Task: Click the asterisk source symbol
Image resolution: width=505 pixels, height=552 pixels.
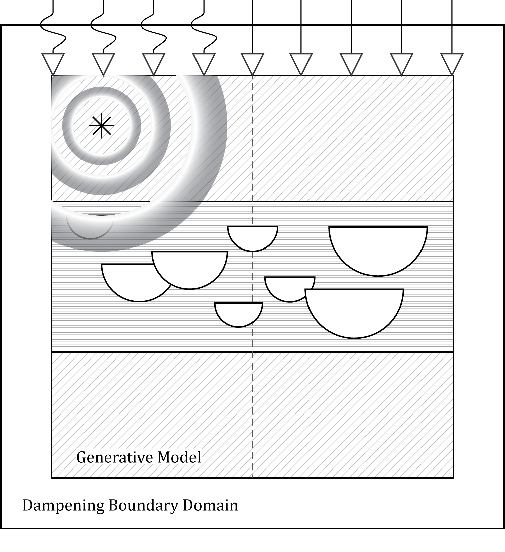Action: click(x=101, y=126)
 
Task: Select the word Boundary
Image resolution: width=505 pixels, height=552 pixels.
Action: click(x=143, y=505)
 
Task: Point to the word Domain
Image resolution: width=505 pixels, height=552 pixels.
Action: click(x=210, y=505)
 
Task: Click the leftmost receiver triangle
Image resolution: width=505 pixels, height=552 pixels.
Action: click(x=53, y=63)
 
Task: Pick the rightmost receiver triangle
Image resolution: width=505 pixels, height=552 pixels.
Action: click(x=452, y=63)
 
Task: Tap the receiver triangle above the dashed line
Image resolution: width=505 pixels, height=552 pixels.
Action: click(x=252, y=63)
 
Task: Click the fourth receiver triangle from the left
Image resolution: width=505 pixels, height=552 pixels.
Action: click(x=204, y=63)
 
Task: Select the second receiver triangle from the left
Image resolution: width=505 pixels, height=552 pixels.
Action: click(x=103, y=63)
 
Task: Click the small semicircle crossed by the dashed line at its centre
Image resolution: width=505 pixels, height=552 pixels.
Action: click(x=252, y=236)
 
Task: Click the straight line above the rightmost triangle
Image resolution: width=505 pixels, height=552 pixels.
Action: click(x=452, y=27)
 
